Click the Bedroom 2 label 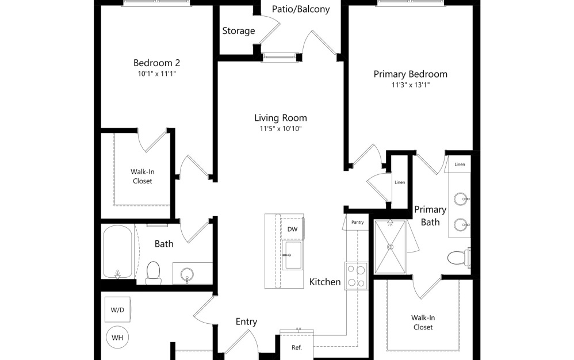(156, 63)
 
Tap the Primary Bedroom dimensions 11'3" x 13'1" (410, 85)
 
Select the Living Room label (281, 118)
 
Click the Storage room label (239, 31)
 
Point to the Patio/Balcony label (301, 9)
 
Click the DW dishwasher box (292, 229)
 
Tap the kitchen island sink (293, 255)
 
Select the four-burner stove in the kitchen (356, 276)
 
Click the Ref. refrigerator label (297, 347)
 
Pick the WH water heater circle (117, 338)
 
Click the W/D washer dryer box (117, 309)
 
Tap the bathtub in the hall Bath (117, 252)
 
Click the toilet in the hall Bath (153, 273)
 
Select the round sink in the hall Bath (187, 274)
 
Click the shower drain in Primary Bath (391, 247)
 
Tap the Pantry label (358, 222)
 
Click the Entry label (246, 321)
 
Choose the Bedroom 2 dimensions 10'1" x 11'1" (156, 74)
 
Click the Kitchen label (325, 282)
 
